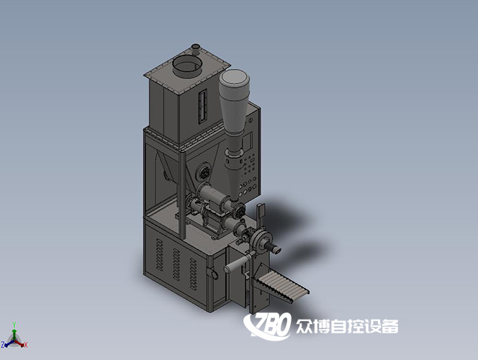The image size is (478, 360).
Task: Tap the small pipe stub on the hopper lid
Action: coord(195,50)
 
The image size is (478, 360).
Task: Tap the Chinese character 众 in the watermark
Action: coord(305,326)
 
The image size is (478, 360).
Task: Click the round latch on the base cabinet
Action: coord(211,274)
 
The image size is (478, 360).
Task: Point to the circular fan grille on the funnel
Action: coord(204,172)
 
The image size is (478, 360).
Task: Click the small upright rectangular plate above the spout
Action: coord(261,212)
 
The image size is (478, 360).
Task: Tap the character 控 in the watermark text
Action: coord(355,326)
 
